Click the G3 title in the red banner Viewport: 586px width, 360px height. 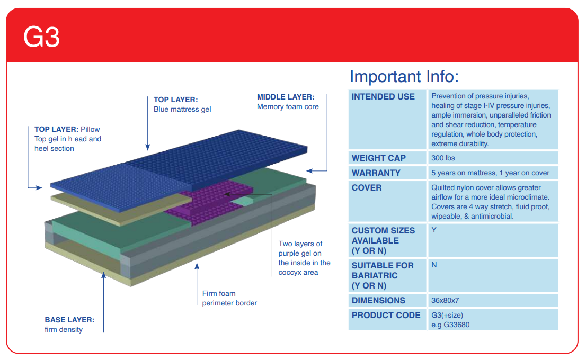[41, 37]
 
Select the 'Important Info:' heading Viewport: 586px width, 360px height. [404, 77]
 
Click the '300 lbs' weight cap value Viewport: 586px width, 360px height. [443, 158]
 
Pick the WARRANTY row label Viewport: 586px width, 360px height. [376, 173]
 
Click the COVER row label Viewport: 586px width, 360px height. [366, 187]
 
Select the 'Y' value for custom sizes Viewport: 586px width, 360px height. [434, 230]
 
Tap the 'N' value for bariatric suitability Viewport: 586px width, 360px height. [434, 265]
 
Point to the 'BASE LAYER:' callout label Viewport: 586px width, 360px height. [69, 320]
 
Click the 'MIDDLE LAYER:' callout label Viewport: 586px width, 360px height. [286, 97]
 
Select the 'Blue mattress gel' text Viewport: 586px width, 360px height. [182, 110]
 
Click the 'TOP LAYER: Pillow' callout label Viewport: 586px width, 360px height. [67, 129]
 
